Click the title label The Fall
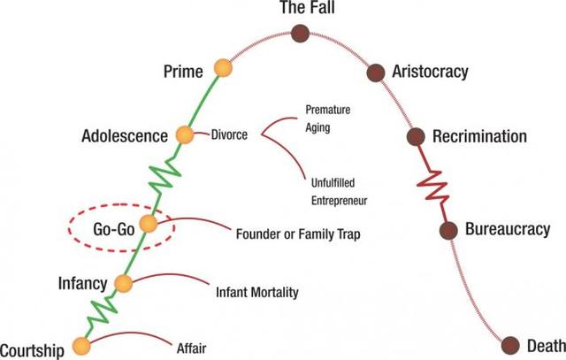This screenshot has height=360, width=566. pos(301,10)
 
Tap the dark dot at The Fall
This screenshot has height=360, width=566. pos(301,34)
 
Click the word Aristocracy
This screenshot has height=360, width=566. pos(432,71)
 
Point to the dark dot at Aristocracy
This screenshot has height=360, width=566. pos(376,71)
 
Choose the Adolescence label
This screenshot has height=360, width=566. pos(124,137)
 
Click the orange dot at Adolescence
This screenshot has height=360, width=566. pos(185,135)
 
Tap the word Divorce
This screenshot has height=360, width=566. pos(229,136)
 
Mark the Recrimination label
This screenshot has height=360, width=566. pos(479,137)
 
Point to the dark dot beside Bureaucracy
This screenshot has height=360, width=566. pos(448,231)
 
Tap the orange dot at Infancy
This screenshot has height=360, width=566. pos(123,284)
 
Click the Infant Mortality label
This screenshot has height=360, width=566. pos(257,290)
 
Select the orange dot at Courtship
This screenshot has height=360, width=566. pos(81,346)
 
